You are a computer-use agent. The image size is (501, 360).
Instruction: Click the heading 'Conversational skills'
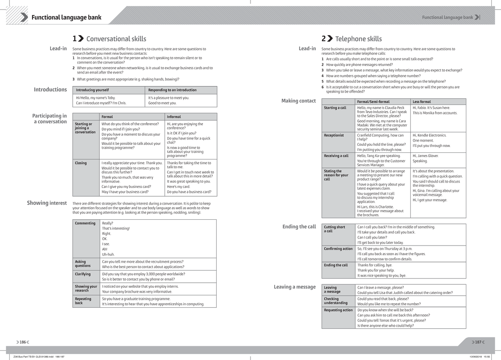[x=116, y=39]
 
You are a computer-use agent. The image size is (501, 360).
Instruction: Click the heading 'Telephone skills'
[x=358, y=39]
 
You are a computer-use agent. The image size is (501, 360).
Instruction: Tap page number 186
[x=23, y=342]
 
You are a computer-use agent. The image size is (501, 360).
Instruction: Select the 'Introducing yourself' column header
[x=92, y=90]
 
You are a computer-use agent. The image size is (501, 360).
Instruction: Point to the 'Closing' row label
[x=81, y=163]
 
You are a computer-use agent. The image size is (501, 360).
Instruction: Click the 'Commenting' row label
[x=85, y=223]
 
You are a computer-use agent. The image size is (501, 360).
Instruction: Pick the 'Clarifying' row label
[x=83, y=274]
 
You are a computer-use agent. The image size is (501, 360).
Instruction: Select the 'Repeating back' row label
[x=83, y=301]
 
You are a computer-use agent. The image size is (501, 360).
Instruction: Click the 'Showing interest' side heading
[x=47, y=203]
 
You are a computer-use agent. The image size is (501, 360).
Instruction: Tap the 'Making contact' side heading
[x=299, y=101]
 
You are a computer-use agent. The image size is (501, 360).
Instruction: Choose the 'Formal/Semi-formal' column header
[x=373, y=102]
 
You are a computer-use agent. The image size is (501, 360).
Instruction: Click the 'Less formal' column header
[x=422, y=102]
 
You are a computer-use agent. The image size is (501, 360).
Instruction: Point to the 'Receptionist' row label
[x=334, y=135]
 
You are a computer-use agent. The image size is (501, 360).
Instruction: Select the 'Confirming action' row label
[x=338, y=248]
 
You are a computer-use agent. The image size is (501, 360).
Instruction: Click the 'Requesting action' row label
[x=338, y=310]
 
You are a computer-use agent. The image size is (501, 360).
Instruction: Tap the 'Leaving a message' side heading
[x=294, y=286]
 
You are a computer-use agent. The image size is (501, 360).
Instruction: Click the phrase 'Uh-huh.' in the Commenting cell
[x=108, y=254]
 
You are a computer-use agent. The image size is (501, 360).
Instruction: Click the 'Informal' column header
[x=174, y=117]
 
